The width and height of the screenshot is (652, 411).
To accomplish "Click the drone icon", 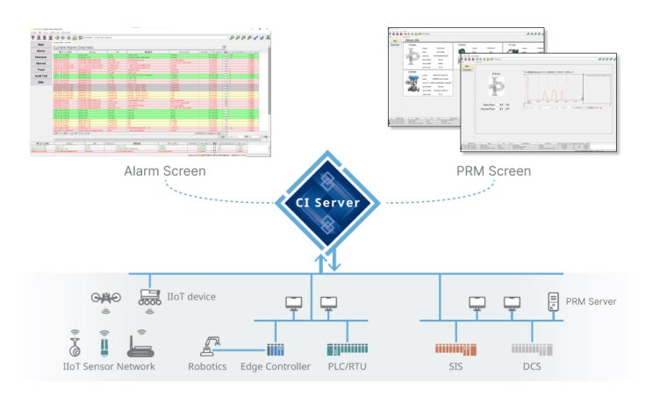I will (106, 298).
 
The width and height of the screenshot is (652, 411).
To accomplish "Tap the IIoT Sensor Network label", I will (111, 366).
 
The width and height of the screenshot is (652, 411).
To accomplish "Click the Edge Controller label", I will (276, 366).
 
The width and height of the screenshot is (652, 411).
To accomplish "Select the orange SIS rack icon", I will (456, 349).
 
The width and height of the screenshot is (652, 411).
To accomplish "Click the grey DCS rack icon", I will (529, 349).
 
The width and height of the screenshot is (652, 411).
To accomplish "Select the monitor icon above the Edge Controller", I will (292, 304).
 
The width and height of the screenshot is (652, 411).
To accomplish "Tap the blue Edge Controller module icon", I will (276, 349).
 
